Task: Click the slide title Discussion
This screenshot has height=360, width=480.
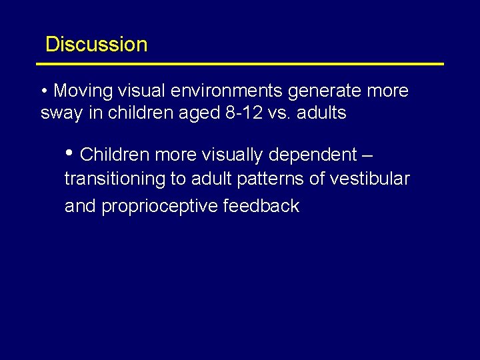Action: coord(96,45)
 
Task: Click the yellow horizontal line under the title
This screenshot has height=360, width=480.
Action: coord(240,64)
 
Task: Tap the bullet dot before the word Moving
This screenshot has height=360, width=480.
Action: coord(44,91)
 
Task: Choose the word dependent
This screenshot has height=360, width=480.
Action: coord(313,155)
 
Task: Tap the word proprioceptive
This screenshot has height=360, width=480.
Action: coord(159,206)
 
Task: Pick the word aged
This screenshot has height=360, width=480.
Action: coord(200,114)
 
